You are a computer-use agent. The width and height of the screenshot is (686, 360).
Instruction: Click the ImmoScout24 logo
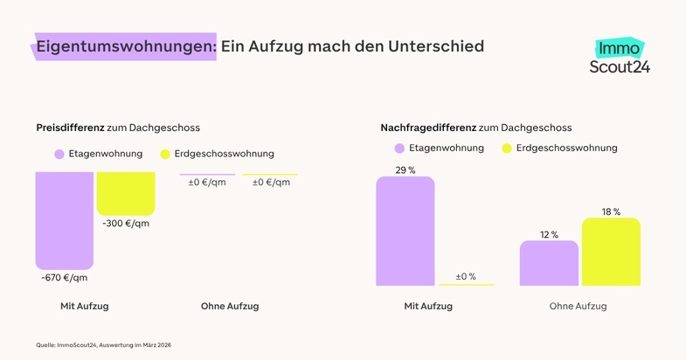pyautogui.click(x=620, y=55)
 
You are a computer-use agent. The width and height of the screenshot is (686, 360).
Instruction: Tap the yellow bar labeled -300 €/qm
pyautogui.click(x=126, y=192)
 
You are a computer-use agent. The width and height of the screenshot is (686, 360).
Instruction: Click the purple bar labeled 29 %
pyautogui.click(x=405, y=231)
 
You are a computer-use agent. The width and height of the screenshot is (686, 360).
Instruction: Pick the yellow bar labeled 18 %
pyautogui.click(x=611, y=252)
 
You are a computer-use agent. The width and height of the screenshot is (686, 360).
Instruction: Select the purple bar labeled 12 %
pyautogui.click(x=549, y=263)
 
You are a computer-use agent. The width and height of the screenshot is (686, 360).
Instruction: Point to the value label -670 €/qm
pyautogui.click(x=64, y=278)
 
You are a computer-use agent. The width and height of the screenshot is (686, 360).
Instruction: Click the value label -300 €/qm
pyautogui.click(x=125, y=224)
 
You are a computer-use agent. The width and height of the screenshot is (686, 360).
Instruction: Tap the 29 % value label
pyautogui.click(x=405, y=170)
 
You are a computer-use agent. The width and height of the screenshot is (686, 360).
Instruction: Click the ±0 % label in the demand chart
pyautogui.click(x=465, y=276)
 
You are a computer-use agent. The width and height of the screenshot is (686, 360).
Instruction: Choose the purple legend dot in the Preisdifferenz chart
pyautogui.click(x=59, y=154)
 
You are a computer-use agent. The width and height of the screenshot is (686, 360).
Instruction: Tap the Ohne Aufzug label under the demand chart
pyautogui.click(x=578, y=307)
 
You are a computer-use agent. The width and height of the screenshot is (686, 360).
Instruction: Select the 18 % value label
pyautogui.click(x=611, y=211)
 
